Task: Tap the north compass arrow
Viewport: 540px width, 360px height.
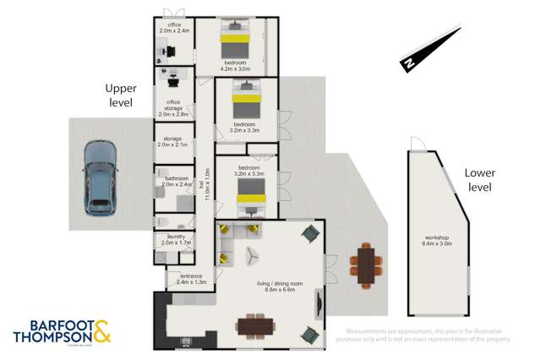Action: tap(431, 50)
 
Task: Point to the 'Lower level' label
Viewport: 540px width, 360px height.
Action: tap(478, 179)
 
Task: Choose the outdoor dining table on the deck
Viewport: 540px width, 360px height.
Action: tap(365, 263)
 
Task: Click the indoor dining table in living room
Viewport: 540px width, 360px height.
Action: tap(257, 325)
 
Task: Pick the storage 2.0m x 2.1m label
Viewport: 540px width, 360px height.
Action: tap(173, 142)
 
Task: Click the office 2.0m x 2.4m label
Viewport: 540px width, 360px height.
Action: tap(175, 28)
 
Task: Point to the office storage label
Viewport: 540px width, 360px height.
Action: tap(174, 107)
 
